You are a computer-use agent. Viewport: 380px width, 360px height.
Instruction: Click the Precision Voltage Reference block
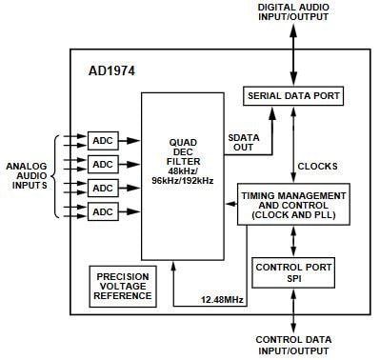pyautogui.click(x=123, y=285)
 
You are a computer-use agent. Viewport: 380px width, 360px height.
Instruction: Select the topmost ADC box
pyautogui.click(x=102, y=140)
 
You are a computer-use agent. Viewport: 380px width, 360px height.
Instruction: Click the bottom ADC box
pyautogui.click(x=102, y=210)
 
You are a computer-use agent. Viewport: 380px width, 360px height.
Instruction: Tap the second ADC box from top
pyautogui.click(x=102, y=163)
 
